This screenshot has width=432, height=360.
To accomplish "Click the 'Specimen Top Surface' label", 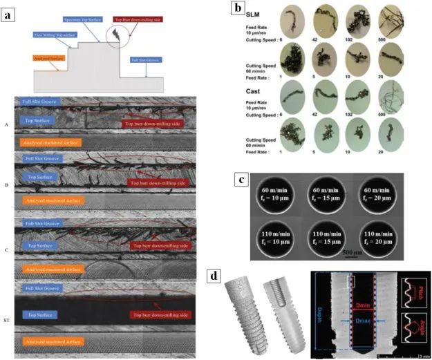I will coord(83,21).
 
